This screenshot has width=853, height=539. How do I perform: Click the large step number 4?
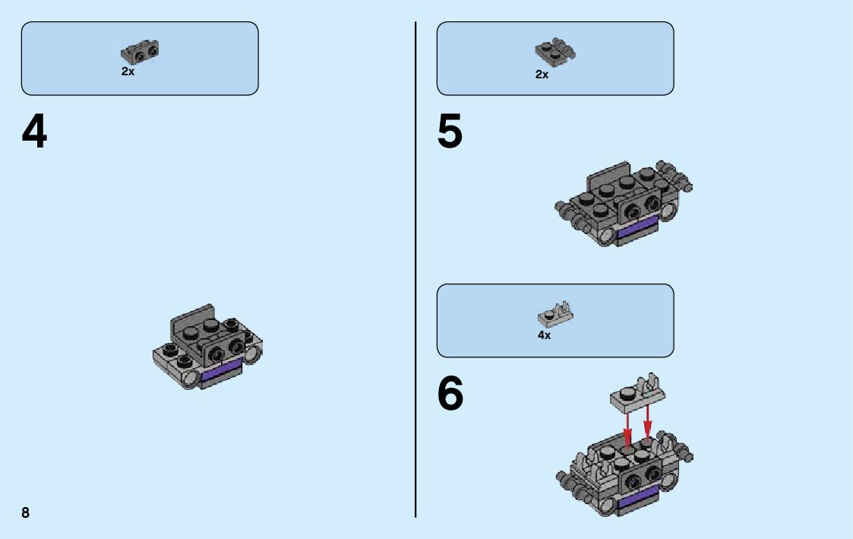point(34,132)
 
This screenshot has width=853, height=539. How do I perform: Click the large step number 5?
point(450,132)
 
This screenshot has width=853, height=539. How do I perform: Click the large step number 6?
point(450,393)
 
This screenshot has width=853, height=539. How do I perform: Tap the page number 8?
point(26,512)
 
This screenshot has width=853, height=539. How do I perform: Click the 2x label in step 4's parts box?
point(128,71)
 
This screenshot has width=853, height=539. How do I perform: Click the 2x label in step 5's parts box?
point(542,74)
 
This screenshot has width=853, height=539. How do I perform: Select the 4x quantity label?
point(544,335)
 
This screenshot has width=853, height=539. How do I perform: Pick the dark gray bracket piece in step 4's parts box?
point(140,52)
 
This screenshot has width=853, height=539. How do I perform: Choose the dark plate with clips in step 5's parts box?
point(555,52)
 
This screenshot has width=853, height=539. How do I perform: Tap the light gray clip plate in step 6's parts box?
point(555,314)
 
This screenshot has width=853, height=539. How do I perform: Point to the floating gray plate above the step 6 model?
point(637,393)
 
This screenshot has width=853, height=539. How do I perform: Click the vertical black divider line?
point(415,269)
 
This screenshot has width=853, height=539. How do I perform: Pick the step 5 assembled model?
point(624,204)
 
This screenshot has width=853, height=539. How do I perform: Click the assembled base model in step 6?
point(624,473)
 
